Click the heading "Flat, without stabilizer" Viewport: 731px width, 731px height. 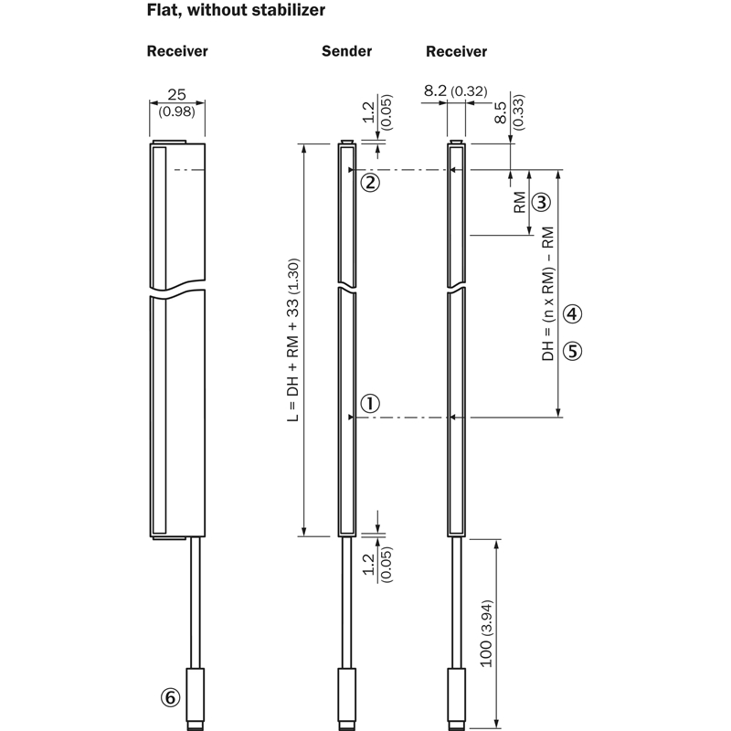click(x=236, y=10)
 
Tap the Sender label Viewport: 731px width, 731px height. click(x=347, y=51)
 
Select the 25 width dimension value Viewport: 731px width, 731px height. click(x=176, y=95)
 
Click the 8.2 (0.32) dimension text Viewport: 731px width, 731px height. click(x=455, y=90)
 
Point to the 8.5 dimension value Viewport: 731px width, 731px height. click(x=500, y=112)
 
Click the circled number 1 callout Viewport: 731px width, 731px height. click(x=370, y=403)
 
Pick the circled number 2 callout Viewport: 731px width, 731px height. click(x=370, y=182)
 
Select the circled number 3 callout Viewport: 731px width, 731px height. click(x=541, y=202)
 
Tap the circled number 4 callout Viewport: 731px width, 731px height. click(x=573, y=313)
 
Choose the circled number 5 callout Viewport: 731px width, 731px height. click(x=573, y=351)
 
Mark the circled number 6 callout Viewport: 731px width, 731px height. click(x=170, y=697)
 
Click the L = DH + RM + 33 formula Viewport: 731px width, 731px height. click(x=292, y=340)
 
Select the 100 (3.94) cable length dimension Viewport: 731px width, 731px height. click(x=486, y=633)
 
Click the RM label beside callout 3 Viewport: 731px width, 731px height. click(x=519, y=202)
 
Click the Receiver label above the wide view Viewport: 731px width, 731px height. click(x=177, y=51)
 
